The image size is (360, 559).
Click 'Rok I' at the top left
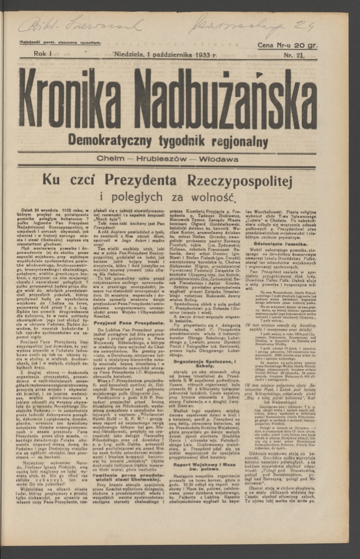click(45, 55)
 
